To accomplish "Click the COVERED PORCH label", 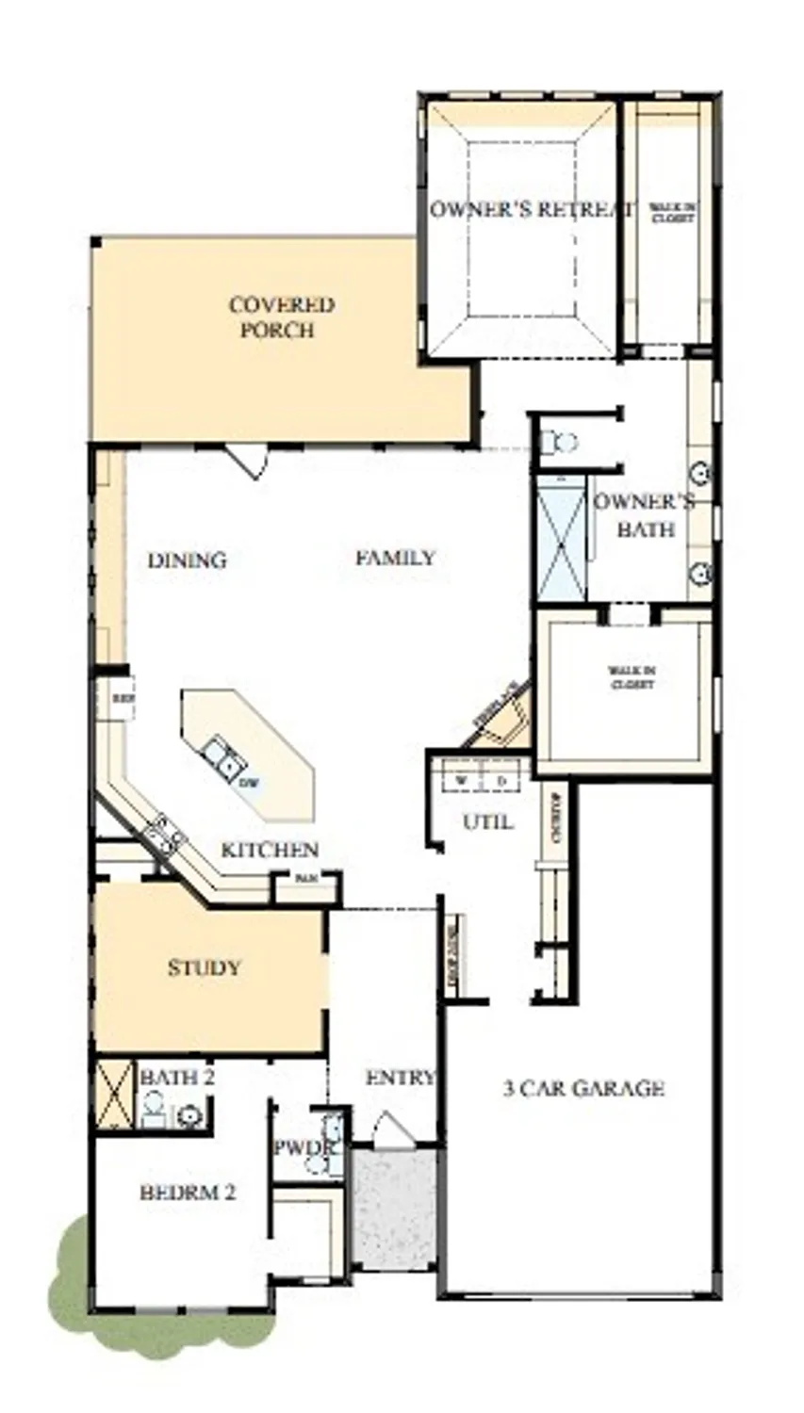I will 281,317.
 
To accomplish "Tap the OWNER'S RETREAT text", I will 530,209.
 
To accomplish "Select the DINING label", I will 187,560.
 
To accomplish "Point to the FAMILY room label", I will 395,558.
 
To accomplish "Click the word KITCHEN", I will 270,850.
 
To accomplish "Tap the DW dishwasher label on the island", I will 249,783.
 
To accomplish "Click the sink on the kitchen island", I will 222,758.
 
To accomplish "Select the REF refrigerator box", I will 121,699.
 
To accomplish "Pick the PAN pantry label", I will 304,878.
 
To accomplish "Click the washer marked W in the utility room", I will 462,781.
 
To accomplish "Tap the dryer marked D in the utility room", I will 501,781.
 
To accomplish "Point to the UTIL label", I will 487,822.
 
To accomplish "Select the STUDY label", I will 204,967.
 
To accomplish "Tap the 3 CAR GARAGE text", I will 583,1089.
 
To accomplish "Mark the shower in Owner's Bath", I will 560,539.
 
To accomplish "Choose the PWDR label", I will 304,1148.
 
